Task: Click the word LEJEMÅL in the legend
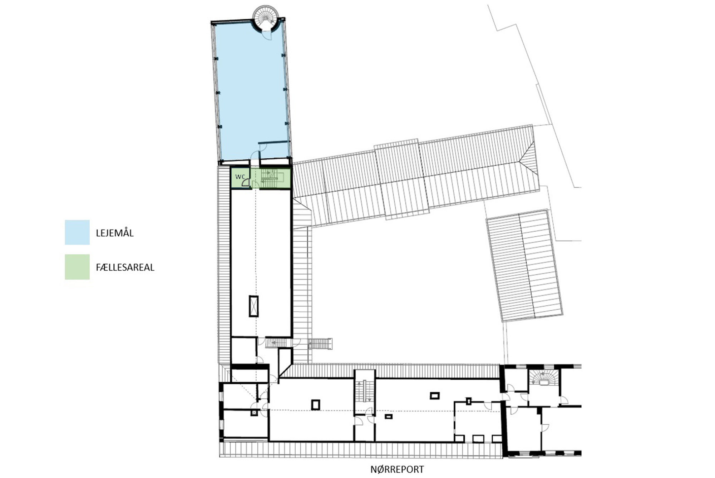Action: (115, 233)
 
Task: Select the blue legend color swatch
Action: (77, 232)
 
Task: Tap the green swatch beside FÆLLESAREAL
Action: (77, 267)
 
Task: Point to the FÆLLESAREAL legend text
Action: (125, 267)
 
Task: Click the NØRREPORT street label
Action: (397, 469)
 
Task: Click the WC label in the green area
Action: (240, 177)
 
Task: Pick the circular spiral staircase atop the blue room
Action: (265, 17)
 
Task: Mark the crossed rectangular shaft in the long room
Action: (254, 306)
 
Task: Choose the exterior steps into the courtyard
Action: (320, 344)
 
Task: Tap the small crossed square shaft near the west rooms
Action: (254, 413)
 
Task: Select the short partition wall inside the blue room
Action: (273, 143)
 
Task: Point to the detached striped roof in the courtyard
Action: (524, 266)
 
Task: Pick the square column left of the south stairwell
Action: (316, 405)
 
